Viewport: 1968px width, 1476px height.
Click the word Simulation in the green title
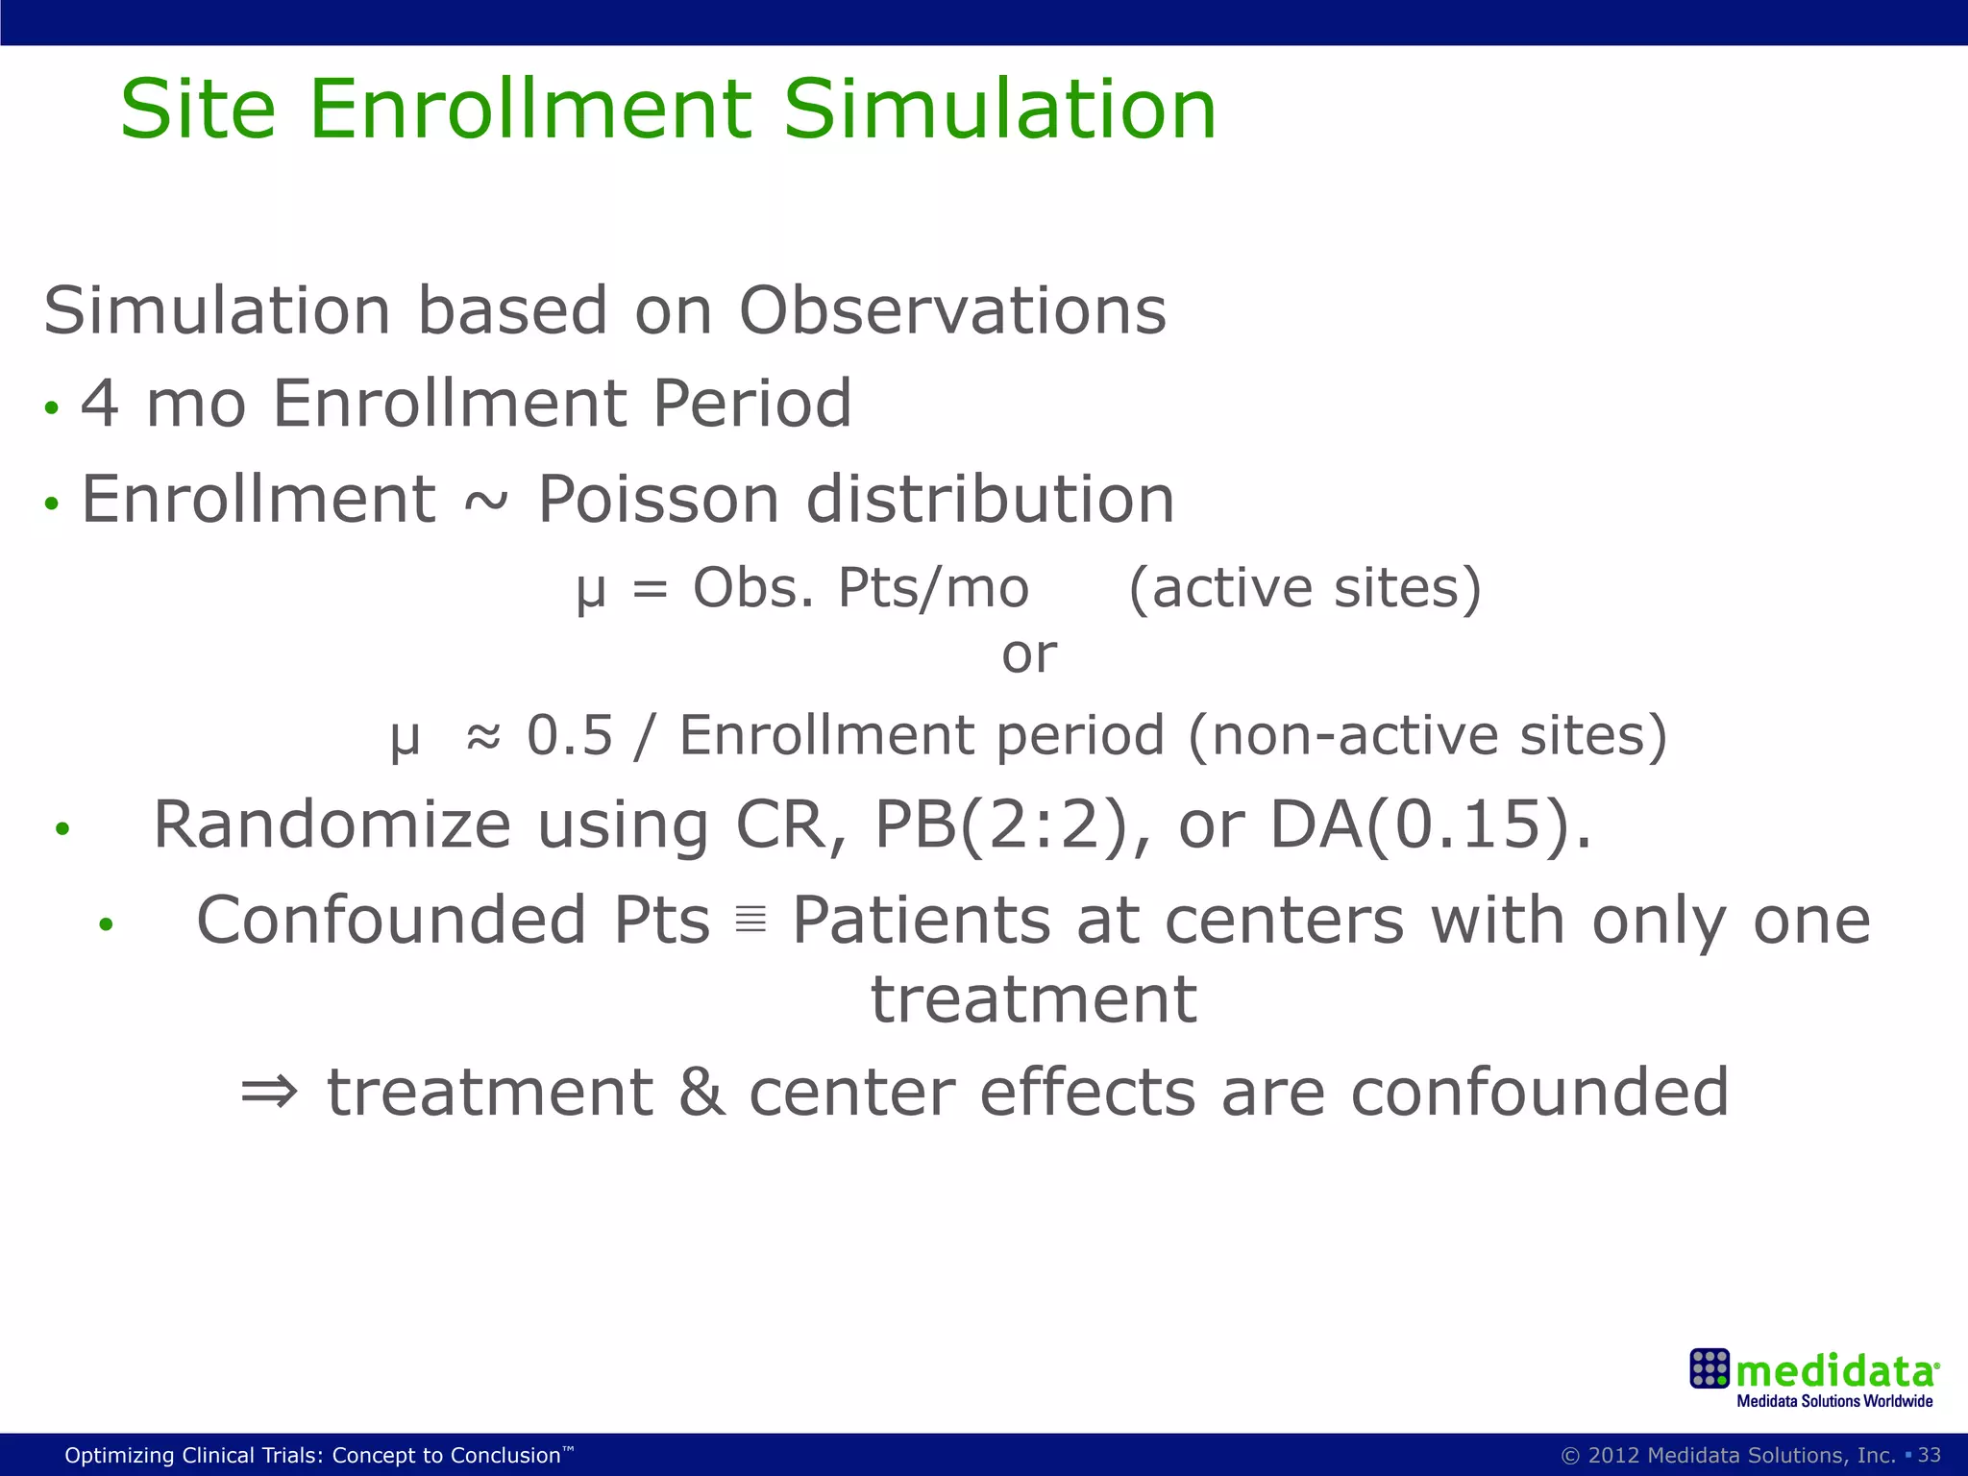coord(999,110)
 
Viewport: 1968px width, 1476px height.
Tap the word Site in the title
coord(197,110)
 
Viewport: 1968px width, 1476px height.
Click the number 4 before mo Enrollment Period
coord(100,404)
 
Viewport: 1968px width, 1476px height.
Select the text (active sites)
coord(1304,588)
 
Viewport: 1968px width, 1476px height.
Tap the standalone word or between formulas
coord(1028,655)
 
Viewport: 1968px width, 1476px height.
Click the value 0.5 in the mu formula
coord(569,736)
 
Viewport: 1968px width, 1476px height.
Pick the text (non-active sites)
coord(1428,736)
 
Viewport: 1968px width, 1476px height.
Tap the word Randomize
coord(332,824)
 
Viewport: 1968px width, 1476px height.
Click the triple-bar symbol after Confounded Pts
coord(750,921)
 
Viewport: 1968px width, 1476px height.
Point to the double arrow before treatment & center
coord(269,1092)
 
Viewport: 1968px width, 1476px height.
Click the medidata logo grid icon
coord(1710,1368)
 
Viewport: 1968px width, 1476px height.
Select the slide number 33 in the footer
coord(1929,1455)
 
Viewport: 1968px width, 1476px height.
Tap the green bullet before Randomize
coord(62,828)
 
